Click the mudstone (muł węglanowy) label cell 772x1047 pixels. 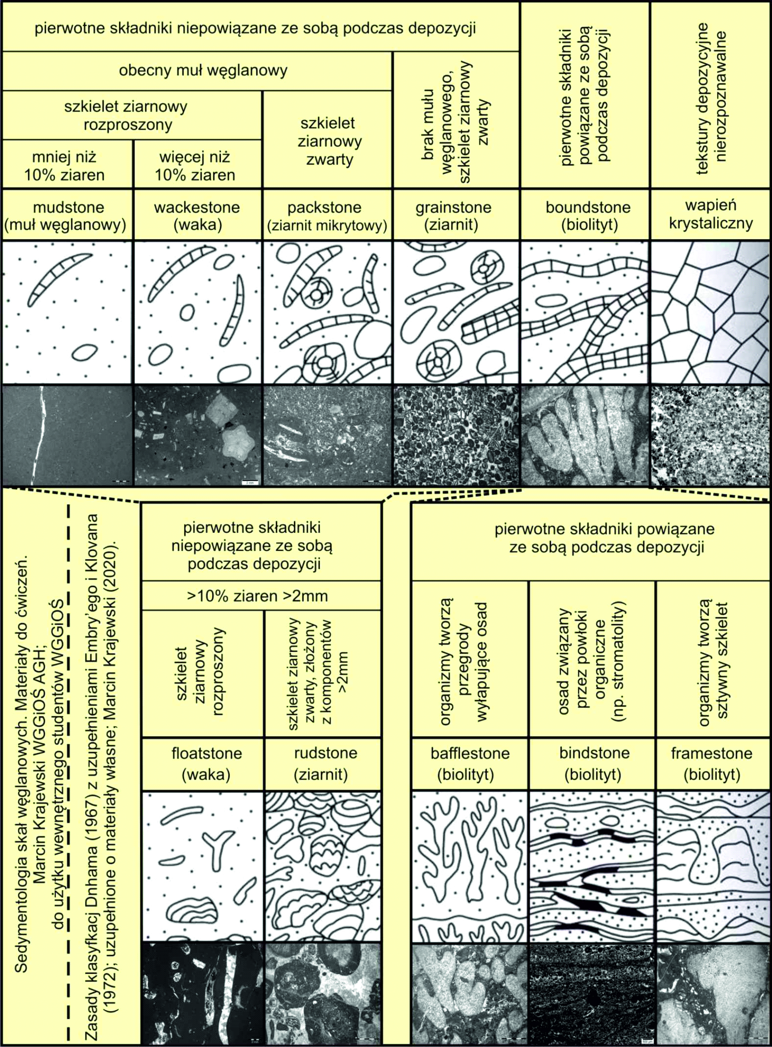pyautogui.click(x=66, y=216)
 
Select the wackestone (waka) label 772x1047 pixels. pyautogui.click(x=197, y=216)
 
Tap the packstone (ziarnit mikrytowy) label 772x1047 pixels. pyautogui.click(x=327, y=216)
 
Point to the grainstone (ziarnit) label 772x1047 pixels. pyautogui.click(x=453, y=216)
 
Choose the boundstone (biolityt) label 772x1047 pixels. pyautogui.click(x=588, y=216)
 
